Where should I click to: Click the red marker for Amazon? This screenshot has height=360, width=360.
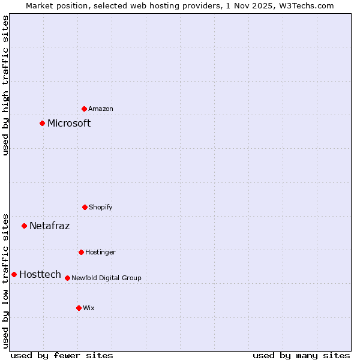tap(85, 109)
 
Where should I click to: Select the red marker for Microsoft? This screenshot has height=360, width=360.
tap(42, 124)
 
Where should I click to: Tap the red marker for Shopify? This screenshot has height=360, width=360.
tap(85, 207)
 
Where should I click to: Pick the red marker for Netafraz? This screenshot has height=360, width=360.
tap(25, 226)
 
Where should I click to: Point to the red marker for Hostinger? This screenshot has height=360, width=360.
tap(81, 252)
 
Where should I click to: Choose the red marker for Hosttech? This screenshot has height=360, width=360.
tap(14, 274)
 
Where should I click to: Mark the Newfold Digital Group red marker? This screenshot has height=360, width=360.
tap(67, 278)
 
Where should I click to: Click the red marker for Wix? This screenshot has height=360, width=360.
tap(79, 308)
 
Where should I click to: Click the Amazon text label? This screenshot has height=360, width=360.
tap(101, 109)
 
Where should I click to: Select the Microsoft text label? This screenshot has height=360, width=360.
tap(69, 124)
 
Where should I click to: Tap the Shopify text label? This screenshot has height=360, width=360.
tap(101, 207)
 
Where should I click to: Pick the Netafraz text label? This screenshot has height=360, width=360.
tap(49, 226)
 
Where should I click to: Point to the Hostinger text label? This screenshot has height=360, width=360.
tap(100, 252)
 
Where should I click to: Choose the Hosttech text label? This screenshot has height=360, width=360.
tap(40, 274)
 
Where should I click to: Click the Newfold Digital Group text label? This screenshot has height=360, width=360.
tap(106, 278)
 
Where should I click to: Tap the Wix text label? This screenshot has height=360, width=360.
tap(89, 308)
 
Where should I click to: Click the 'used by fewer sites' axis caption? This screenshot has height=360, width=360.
tap(62, 355)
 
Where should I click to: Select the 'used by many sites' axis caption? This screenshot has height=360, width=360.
tap(301, 355)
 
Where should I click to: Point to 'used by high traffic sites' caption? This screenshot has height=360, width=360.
tap(5, 85)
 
